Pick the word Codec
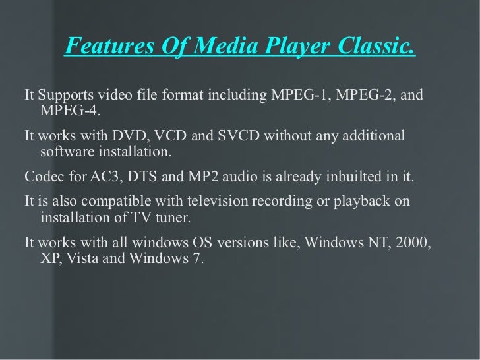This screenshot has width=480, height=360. click(44, 178)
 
